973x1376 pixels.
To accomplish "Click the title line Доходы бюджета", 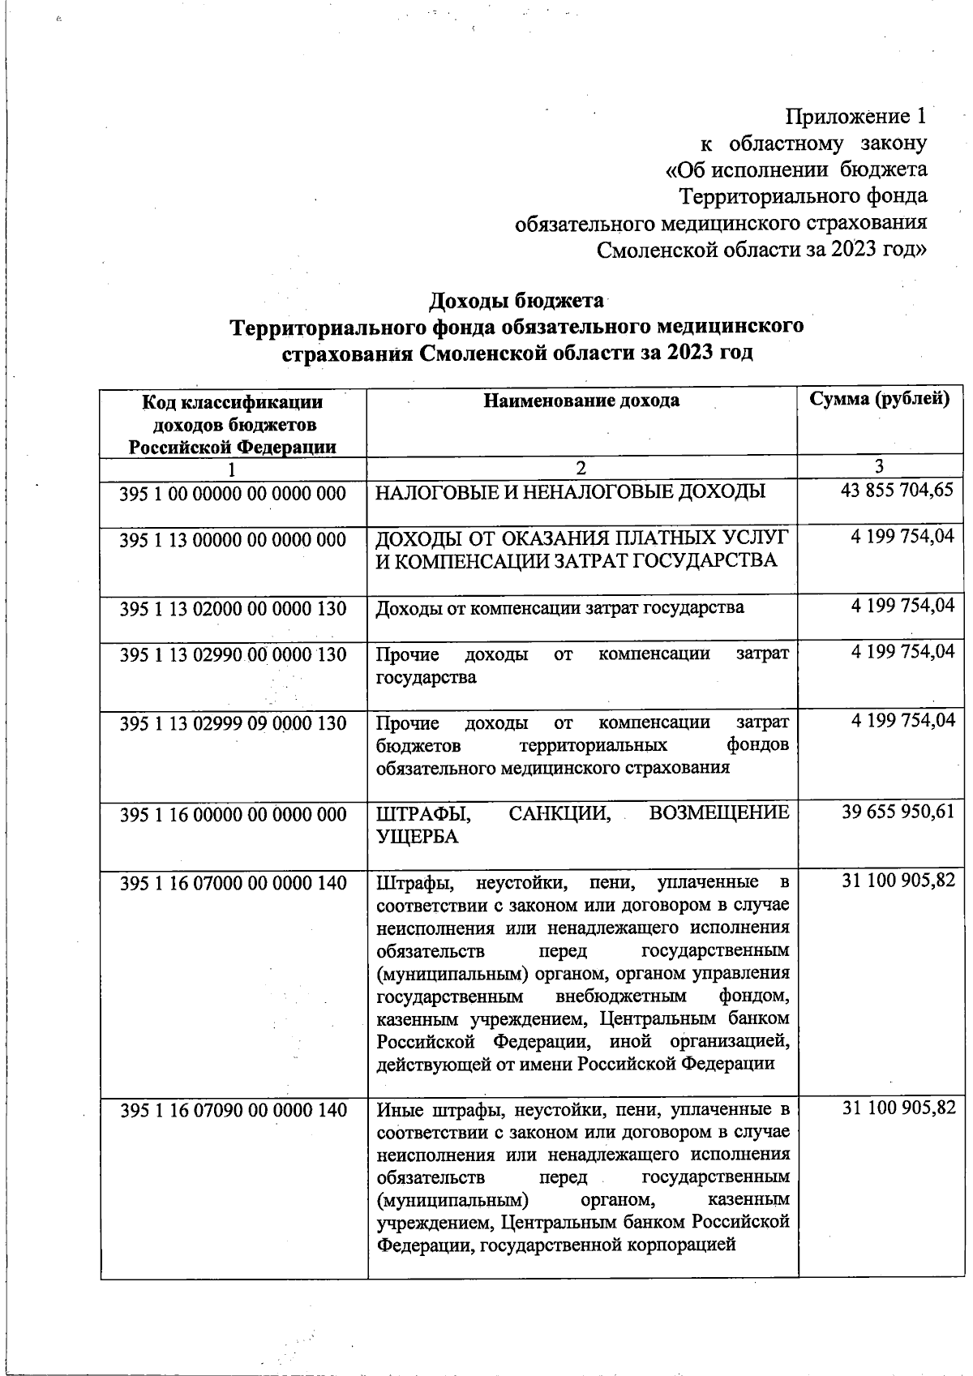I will point(516,301).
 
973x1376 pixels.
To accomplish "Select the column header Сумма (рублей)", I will point(880,399).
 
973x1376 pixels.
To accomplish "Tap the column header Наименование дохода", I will point(581,400).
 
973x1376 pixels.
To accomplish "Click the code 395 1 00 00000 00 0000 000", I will point(233,493).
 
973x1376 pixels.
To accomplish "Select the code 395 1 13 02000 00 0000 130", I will point(233,608).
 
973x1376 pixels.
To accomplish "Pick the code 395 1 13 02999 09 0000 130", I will point(233,723).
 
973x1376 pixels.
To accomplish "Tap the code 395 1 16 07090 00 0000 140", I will point(233,1110).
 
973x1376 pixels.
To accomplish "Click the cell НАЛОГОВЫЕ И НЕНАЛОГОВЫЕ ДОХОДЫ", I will point(570,492).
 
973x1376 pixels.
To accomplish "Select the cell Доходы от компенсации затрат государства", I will point(559,607).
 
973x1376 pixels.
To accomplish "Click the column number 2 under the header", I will point(581,469).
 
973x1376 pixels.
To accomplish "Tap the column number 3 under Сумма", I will point(879,467).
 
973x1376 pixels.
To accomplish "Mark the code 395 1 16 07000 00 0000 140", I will point(233,882).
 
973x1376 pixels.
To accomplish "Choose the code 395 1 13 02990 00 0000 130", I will point(233,654).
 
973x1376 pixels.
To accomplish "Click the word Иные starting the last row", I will point(397,1109).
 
